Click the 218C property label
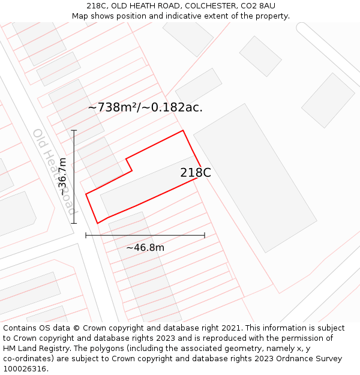tap(196, 173)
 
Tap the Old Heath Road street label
tap(55, 172)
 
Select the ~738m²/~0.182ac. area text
tap(145, 107)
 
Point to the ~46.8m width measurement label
tap(145, 247)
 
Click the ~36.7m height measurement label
tap(62, 177)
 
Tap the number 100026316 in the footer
tap(25, 369)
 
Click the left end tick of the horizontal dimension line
tap(86, 235)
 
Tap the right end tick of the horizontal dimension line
tap(205, 235)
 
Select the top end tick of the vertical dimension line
tap(74, 130)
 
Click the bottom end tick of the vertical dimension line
tap(74, 224)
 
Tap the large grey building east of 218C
tap(254, 178)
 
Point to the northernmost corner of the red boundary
tap(182, 130)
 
